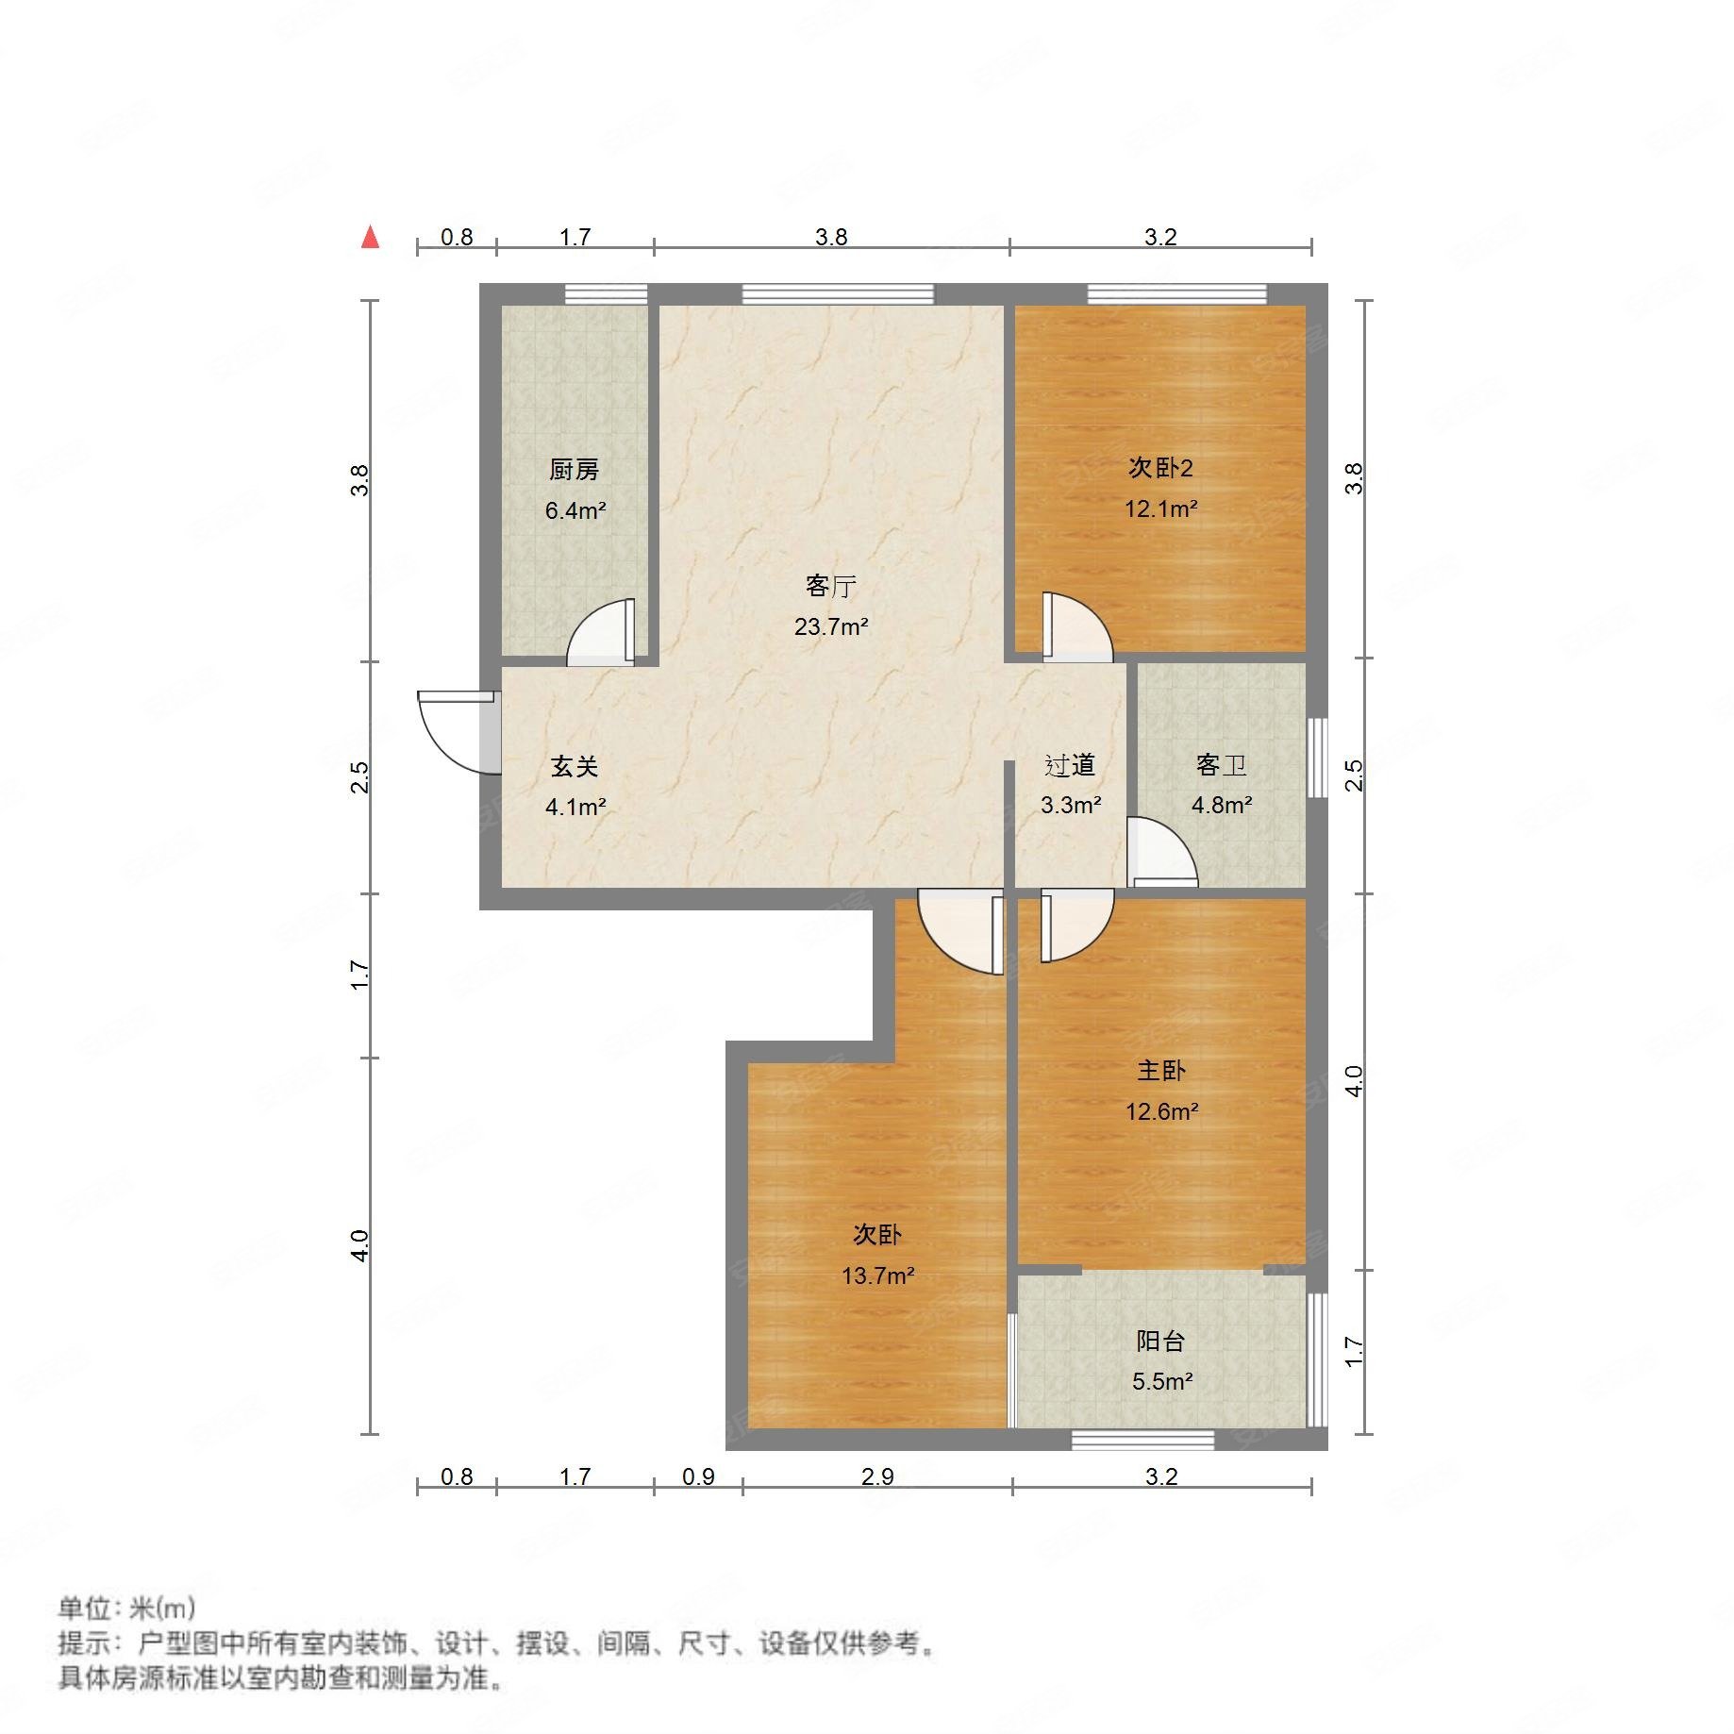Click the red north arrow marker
tap(371, 237)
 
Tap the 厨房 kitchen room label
tap(574, 469)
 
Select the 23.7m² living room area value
tap(831, 626)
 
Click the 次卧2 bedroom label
tap(1160, 468)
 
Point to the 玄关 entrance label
tap(575, 766)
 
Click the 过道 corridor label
tap(1070, 765)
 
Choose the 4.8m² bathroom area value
tap(1222, 806)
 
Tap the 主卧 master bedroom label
tap(1160, 1070)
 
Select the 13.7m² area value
tap(877, 1276)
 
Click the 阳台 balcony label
tap(1160, 1341)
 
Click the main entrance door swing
tap(453, 731)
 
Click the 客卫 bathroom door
tap(1160, 854)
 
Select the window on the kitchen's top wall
tap(606, 294)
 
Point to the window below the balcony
tap(1142, 1440)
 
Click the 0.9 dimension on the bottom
tap(698, 1476)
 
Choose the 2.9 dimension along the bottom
tap(877, 1476)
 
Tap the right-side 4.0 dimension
tap(1354, 1081)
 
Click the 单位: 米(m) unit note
tap(127, 1608)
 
